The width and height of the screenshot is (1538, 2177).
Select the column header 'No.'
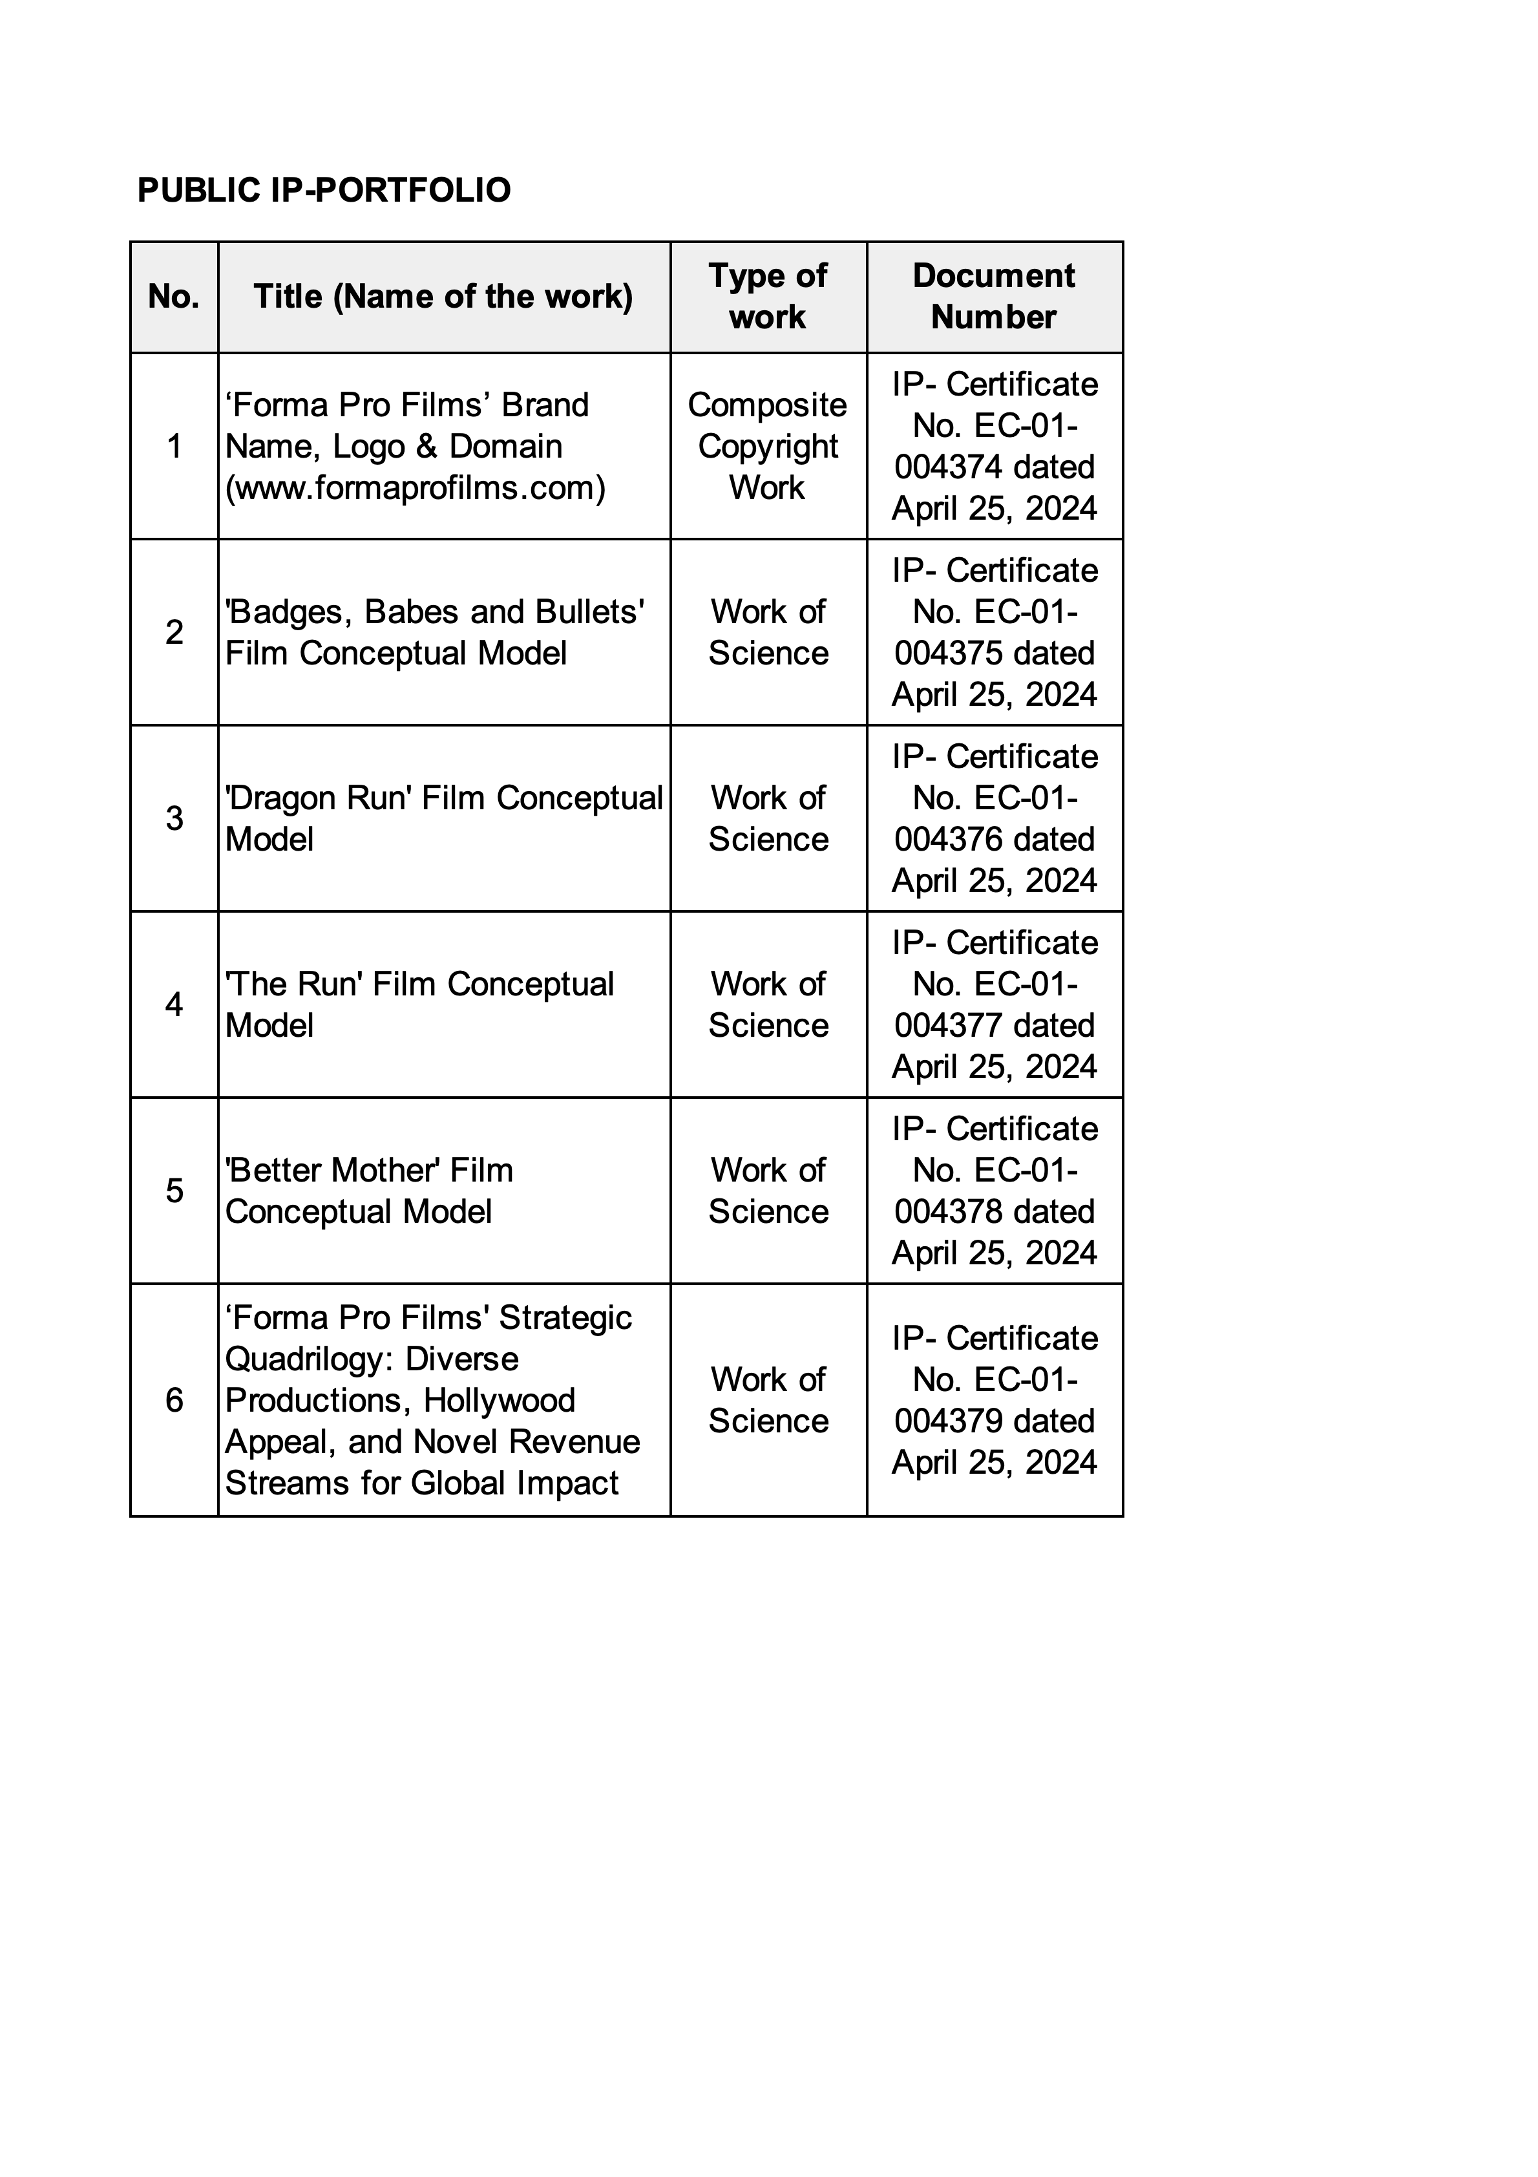tap(174, 297)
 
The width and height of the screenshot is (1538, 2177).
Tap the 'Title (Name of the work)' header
tap(443, 297)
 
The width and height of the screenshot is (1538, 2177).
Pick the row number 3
tap(174, 818)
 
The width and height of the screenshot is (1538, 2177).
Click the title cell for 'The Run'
tap(419, 1004)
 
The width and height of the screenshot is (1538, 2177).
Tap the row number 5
tap(174, 1190)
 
